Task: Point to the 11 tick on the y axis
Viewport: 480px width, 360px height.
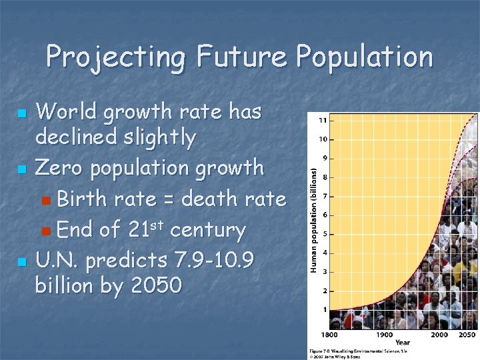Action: click(323, 120)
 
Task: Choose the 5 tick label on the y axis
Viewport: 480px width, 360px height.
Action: click(324, 233)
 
